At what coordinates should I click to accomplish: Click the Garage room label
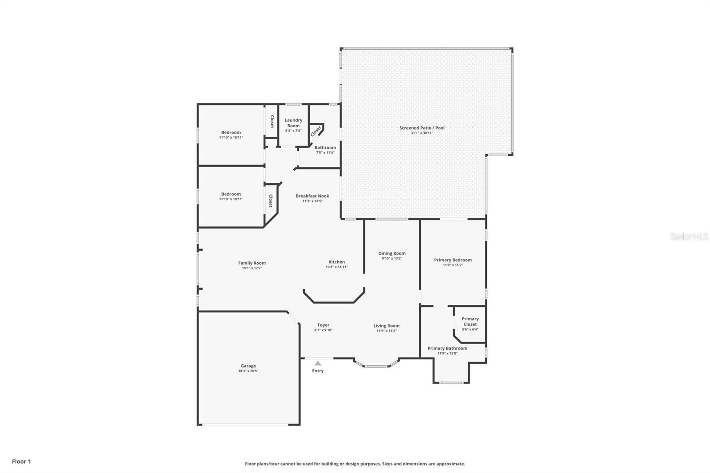248,366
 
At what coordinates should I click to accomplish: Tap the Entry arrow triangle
318,363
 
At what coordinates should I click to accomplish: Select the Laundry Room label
293,123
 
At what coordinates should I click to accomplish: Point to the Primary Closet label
470,321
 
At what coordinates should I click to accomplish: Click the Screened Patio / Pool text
422,128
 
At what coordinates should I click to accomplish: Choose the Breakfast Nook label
312,196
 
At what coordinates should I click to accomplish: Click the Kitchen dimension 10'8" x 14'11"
337,267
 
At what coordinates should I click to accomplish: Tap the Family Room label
252,263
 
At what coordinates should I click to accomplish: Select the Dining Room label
392,253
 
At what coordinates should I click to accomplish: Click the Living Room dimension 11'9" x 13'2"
387,331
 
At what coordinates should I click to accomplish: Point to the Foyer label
323,325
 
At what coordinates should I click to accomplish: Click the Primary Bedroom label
453,260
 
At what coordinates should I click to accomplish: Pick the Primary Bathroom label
447,348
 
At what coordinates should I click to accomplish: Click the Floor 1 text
21,461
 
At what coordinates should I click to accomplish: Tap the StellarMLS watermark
689,236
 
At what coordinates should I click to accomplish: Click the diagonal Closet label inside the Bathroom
316,131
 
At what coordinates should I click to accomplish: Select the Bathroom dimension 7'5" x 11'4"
325,153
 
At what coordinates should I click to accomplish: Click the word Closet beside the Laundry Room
272,122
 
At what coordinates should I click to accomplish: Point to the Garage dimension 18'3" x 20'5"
248,371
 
